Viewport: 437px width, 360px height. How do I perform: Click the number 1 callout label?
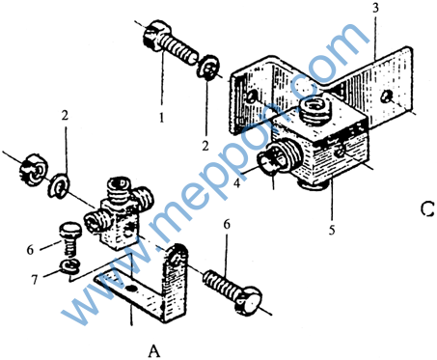pos(162,117)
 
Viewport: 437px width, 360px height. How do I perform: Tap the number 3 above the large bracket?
pos(375,8)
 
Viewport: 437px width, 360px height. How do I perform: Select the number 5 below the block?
pos(332,230)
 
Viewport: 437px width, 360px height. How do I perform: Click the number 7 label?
pos(35,280)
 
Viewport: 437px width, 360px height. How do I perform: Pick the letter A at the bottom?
pos(154,350)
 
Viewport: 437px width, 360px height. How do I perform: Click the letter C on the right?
pos(427,208)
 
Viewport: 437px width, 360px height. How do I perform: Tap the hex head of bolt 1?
pos(151,36)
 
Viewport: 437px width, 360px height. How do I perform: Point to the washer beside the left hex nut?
pos(59,185)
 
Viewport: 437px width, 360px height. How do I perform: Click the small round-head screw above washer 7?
pos(70,238)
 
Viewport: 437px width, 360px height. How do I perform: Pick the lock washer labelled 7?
pos(69,266)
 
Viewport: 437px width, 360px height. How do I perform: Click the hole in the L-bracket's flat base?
pos(130,289)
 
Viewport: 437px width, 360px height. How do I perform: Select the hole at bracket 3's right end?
pos(385,97)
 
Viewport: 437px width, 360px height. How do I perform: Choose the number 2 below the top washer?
pos(205,146)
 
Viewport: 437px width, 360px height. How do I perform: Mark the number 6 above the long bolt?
pos(227,224)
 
